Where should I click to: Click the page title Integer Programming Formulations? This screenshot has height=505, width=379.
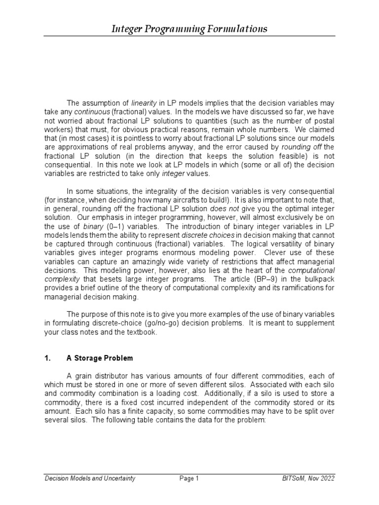point(189,29)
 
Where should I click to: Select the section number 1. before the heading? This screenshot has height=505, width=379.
point(48,358)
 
